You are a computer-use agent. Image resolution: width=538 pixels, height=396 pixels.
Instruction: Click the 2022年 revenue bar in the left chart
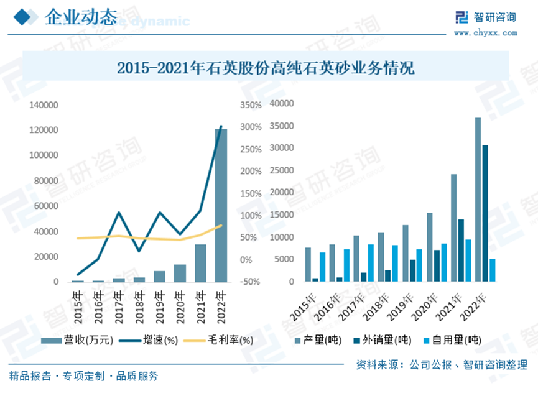pos(221,205)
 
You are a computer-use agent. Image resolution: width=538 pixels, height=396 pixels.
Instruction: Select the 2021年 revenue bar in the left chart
pos(200,263)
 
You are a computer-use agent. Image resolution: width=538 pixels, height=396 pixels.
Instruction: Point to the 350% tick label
pos(250,105)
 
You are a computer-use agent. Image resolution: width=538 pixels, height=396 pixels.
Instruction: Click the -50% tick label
pos(250,282)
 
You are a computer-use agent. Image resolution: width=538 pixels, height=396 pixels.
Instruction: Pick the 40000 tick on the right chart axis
pos(281,103)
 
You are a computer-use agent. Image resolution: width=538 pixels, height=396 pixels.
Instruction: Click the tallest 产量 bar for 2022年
pos(478,200)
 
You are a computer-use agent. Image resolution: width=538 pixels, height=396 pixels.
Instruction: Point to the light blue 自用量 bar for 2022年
pos(493,270)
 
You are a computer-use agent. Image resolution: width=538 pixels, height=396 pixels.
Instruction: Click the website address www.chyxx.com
pos(486,32)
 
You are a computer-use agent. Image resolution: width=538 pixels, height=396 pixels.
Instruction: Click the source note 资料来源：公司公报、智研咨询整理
pos(442,365)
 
